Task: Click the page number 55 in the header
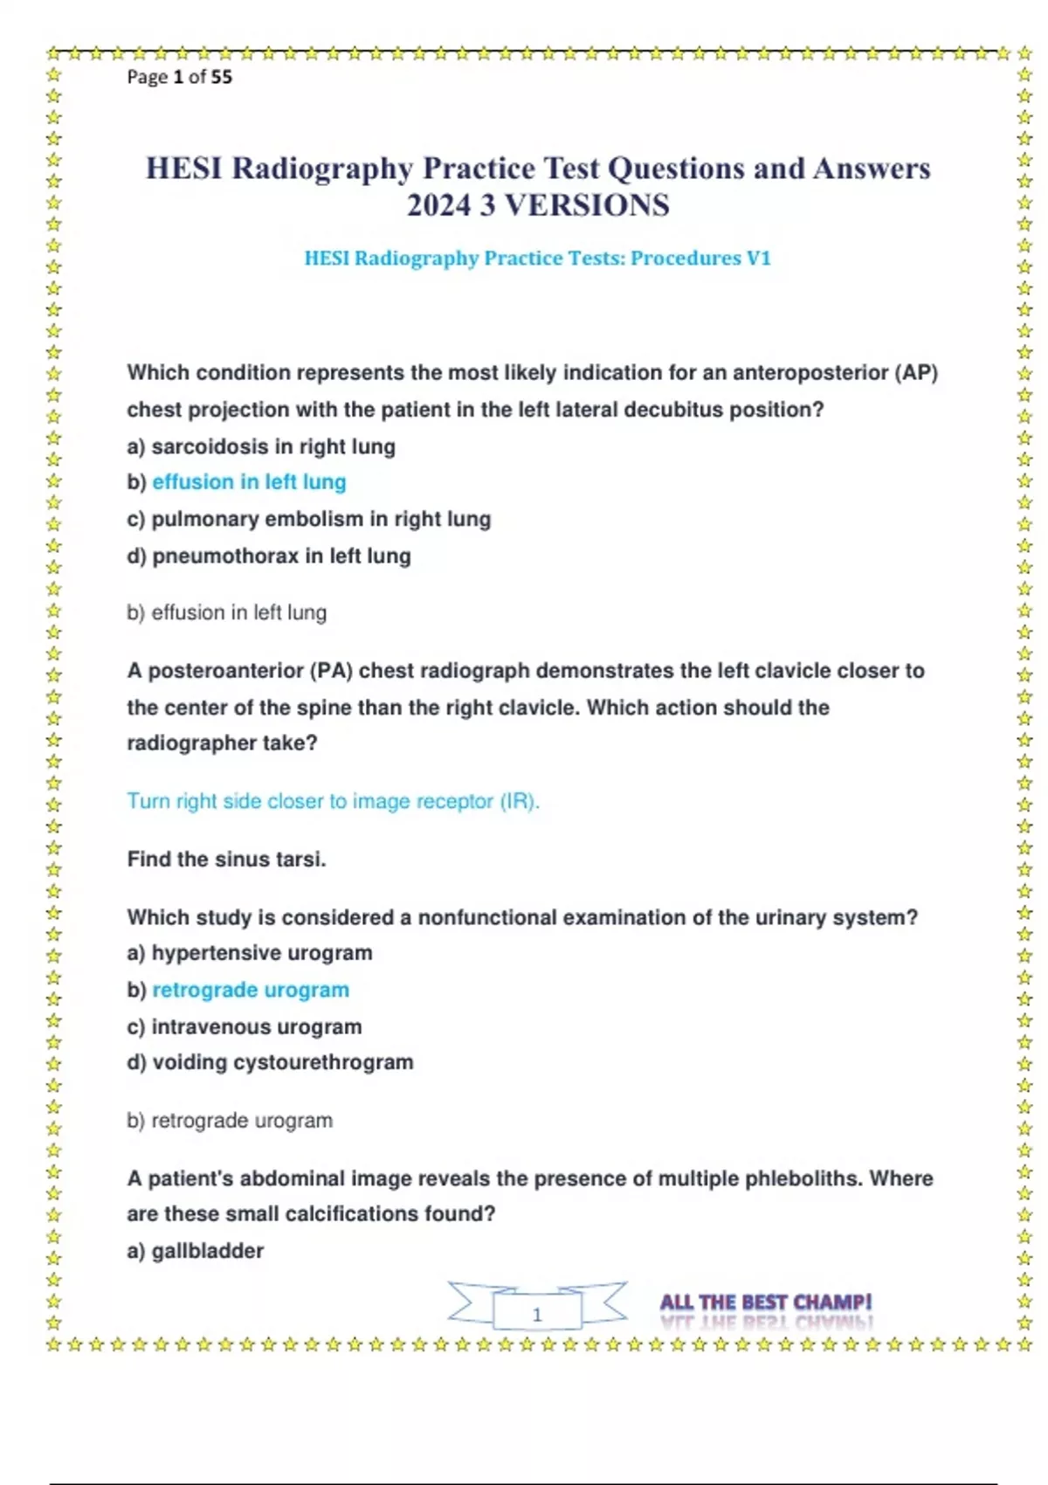tap(222, 77)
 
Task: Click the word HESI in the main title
tap(183, 168)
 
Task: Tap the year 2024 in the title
tap(438, 205)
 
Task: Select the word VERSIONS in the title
tap(588, 205)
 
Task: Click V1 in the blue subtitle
tap(758, 259)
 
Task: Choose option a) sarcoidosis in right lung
tap(261, 446)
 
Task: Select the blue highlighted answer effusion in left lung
tap(249, 482)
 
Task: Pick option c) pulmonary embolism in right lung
tap(308, 519)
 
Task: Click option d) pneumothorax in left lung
tap(269, 556)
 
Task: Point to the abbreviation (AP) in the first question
tap(916, 373)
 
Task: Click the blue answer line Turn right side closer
tap(333, 801)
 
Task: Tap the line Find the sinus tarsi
tap(226, 860)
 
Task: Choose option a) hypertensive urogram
tap(250, 953)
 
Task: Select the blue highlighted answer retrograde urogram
tap(251, 990)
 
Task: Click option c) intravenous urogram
tap(245, 1026)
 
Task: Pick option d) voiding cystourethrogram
tap(270, 1062)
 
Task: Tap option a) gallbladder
tap(195, 1251)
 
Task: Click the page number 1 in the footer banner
tap(537, 1315)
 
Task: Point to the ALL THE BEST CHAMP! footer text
tap(766, 1303)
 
